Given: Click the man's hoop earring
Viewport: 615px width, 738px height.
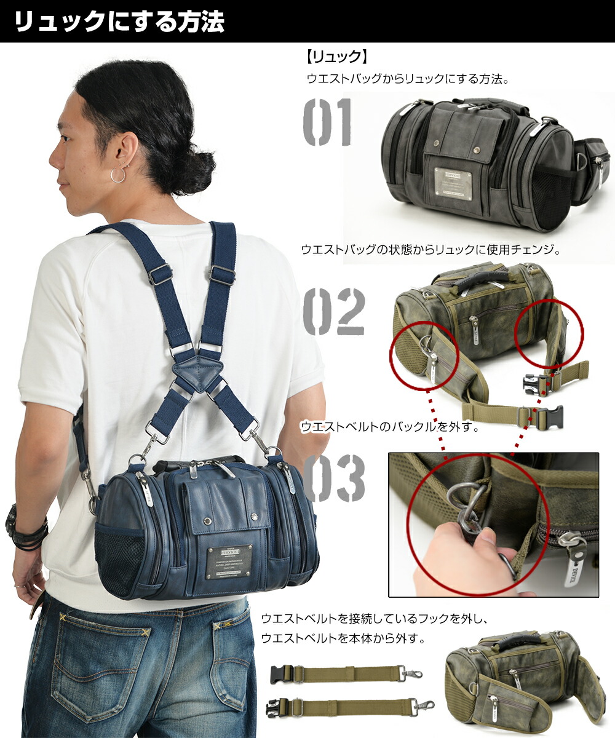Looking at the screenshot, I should click(117, 175).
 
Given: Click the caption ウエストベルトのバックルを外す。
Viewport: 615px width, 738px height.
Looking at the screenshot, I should click(389, 426).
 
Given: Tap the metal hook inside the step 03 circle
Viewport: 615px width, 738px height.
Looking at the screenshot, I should click(467, 506).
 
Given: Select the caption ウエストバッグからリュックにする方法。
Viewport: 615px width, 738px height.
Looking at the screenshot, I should click(409, 79).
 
